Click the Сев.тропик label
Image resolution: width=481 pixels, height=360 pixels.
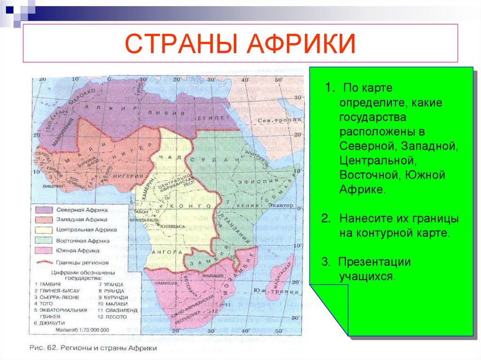coord(274,120)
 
